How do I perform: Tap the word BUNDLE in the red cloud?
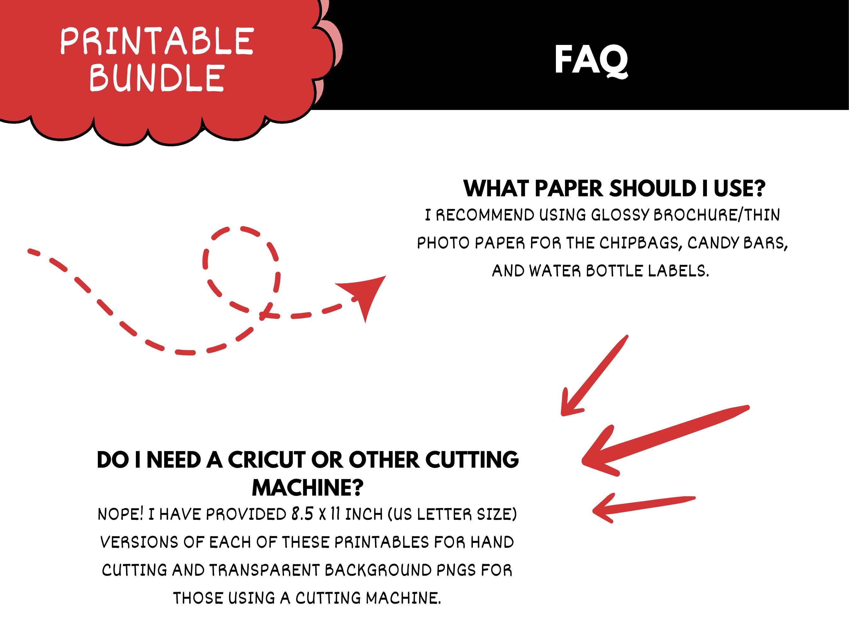click(157, 78)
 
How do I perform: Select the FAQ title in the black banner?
click(591, 60)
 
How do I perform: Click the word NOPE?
click(120, 514)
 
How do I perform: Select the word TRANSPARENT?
click(264, 570)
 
